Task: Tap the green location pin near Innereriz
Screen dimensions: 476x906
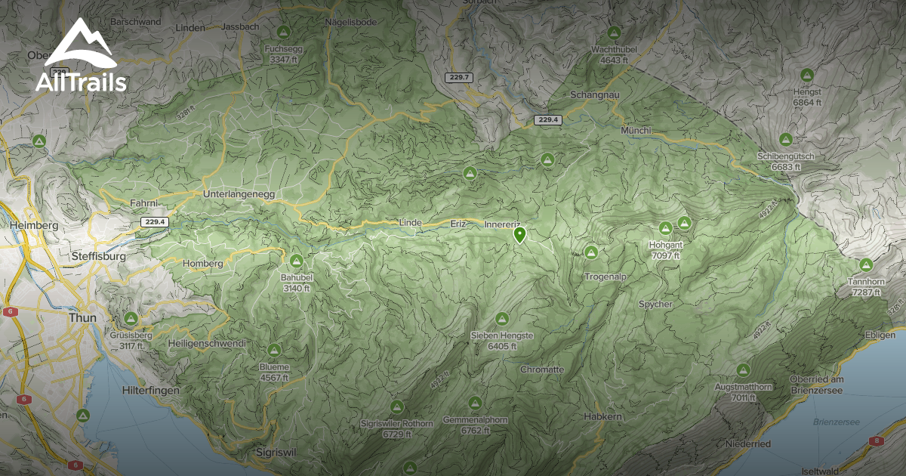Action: click(x=519, y=235)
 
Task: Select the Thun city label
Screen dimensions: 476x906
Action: click(x=82, y=318)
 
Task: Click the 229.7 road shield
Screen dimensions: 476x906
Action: click(x=459, y=77)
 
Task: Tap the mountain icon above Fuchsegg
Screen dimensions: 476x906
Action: click(x=283, y=32)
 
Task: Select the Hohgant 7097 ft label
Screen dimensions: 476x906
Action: click(x=665, y=250)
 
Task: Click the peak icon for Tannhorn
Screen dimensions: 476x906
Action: click(x=865, y=264)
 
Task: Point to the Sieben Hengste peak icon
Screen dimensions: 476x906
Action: click(x=502, y=319)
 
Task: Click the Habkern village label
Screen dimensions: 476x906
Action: click(x=603, y=416)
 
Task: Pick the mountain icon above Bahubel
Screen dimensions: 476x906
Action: click(x=297, y=261)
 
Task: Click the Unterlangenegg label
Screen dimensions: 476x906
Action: click(x=238, y=194)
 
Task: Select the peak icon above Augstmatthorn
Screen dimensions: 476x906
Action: click(x=743, y=370)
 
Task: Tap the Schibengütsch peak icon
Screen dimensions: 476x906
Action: click(x=786, y=140)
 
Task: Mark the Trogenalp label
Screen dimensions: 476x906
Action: click(x=606, y=277)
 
